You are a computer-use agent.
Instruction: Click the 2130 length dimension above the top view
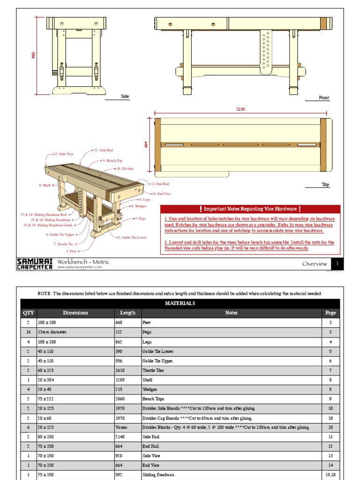(x=241, y=109)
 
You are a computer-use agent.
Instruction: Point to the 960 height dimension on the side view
(x=33, y=55)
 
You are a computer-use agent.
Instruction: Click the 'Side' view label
(x=125, y=96)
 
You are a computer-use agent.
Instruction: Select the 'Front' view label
(x=324, y=98)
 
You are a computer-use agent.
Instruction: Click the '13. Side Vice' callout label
(x=63, y=154)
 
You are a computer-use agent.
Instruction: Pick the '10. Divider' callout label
(x=125, y=168)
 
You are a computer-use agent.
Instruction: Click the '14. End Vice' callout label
(x=161, y=193)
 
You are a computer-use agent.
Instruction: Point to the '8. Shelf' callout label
(x=45, y=185)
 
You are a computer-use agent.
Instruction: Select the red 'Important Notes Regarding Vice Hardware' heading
(x=250, y=209)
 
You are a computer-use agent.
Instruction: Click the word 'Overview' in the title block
(x=315, y=264)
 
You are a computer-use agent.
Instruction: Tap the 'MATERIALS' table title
(x=180, y=303)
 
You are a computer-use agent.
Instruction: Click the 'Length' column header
(x=127, y=313)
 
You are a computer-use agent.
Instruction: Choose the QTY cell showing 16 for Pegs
(x=28, y=332)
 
